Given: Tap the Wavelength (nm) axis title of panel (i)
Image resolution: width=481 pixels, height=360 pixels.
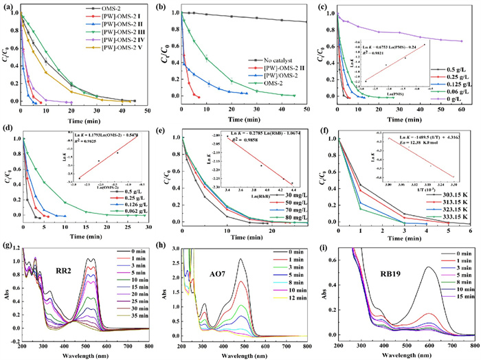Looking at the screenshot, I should pyautogui.click(x=399, y=354).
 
